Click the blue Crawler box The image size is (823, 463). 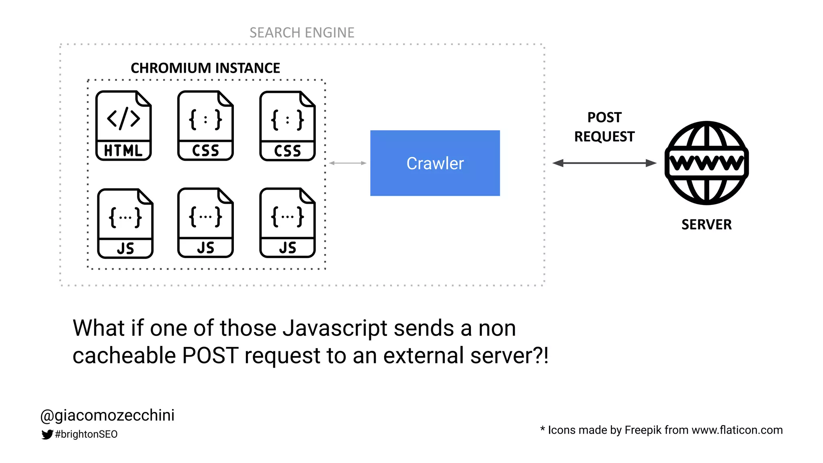(x=435, y=163)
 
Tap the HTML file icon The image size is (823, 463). (x=123, y=126)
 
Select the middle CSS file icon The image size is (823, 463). (x=205, y=126)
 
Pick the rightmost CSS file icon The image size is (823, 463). (x=287, y=126)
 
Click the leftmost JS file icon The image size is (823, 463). (x=125, y=223)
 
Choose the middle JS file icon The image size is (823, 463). (x=205, y=223)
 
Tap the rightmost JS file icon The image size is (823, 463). (x=287, y=223)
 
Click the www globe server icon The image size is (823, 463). (x=706, y=163)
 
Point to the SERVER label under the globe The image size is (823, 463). (x=706, y=225)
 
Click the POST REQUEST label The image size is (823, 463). (x=604, y=127)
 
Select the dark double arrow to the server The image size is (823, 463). (x=604, y=163)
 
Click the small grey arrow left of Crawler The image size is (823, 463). (x=348, y=163)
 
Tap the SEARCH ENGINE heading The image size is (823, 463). (x=302, y=33)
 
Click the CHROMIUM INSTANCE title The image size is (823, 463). (x=205, y=68)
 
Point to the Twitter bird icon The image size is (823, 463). (x=47, y=434)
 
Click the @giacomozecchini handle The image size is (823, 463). (x=108, y=415)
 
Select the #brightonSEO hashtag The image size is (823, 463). (x=86, y=434)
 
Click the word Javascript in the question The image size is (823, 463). (x=335, y=328)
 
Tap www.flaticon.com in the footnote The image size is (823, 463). (x=737, y=430)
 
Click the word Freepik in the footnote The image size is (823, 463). (x=643, y=430)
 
